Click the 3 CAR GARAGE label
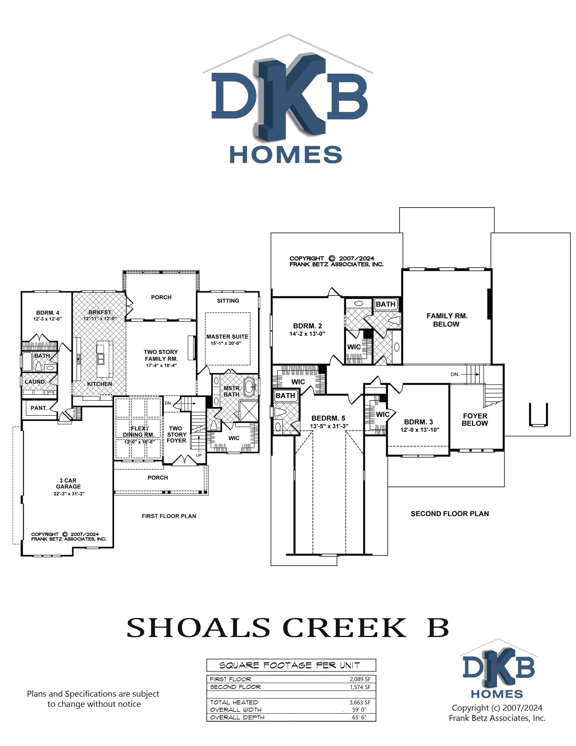[x=68, y=483]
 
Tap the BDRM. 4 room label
[x=48, y=313]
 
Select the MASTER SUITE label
[x=227, y=337]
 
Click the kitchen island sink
[x=101, y=359]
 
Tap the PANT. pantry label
[x=39, y=408]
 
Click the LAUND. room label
[x=35, y=382]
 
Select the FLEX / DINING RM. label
[x=139, y=431]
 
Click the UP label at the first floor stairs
[x=199, y=455]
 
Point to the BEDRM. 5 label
[x=328, y=418]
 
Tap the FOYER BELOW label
[x=475, y=419]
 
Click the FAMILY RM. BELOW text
[x=447, y=320]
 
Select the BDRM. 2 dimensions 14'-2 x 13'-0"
[x=307, y=334]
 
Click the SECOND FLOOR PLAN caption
[x=449, y=513]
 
